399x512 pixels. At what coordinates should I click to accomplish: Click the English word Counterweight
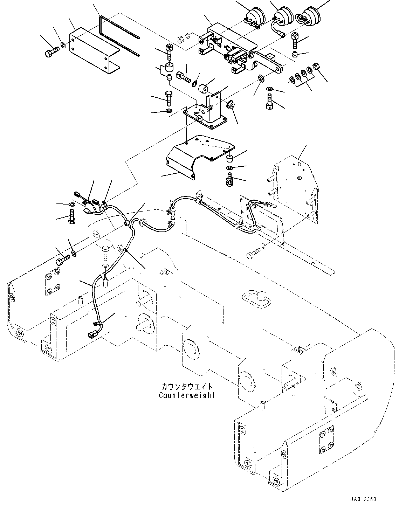click(187, 395)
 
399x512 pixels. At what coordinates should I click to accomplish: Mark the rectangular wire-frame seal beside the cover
click(119, 35)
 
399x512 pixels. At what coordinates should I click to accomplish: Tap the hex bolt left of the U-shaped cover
click(51, 53)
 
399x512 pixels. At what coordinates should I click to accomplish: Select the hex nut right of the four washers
click(315, 66)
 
